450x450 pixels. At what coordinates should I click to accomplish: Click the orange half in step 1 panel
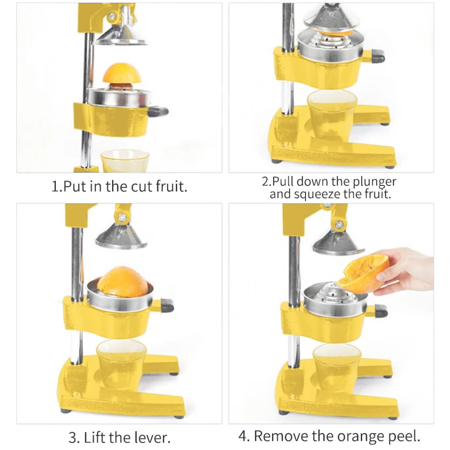click(122, 74)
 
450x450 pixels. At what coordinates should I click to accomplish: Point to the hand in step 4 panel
click(406, 270)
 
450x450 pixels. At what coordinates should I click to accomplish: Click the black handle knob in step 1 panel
click(158, 112)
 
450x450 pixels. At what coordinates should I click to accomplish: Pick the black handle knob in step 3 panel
click(167, 305)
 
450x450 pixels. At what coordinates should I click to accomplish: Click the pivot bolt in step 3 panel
click(123, 217)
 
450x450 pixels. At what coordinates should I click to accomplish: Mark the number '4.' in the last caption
click(244, 436)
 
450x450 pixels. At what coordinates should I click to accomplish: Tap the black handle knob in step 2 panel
click(377, 56)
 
